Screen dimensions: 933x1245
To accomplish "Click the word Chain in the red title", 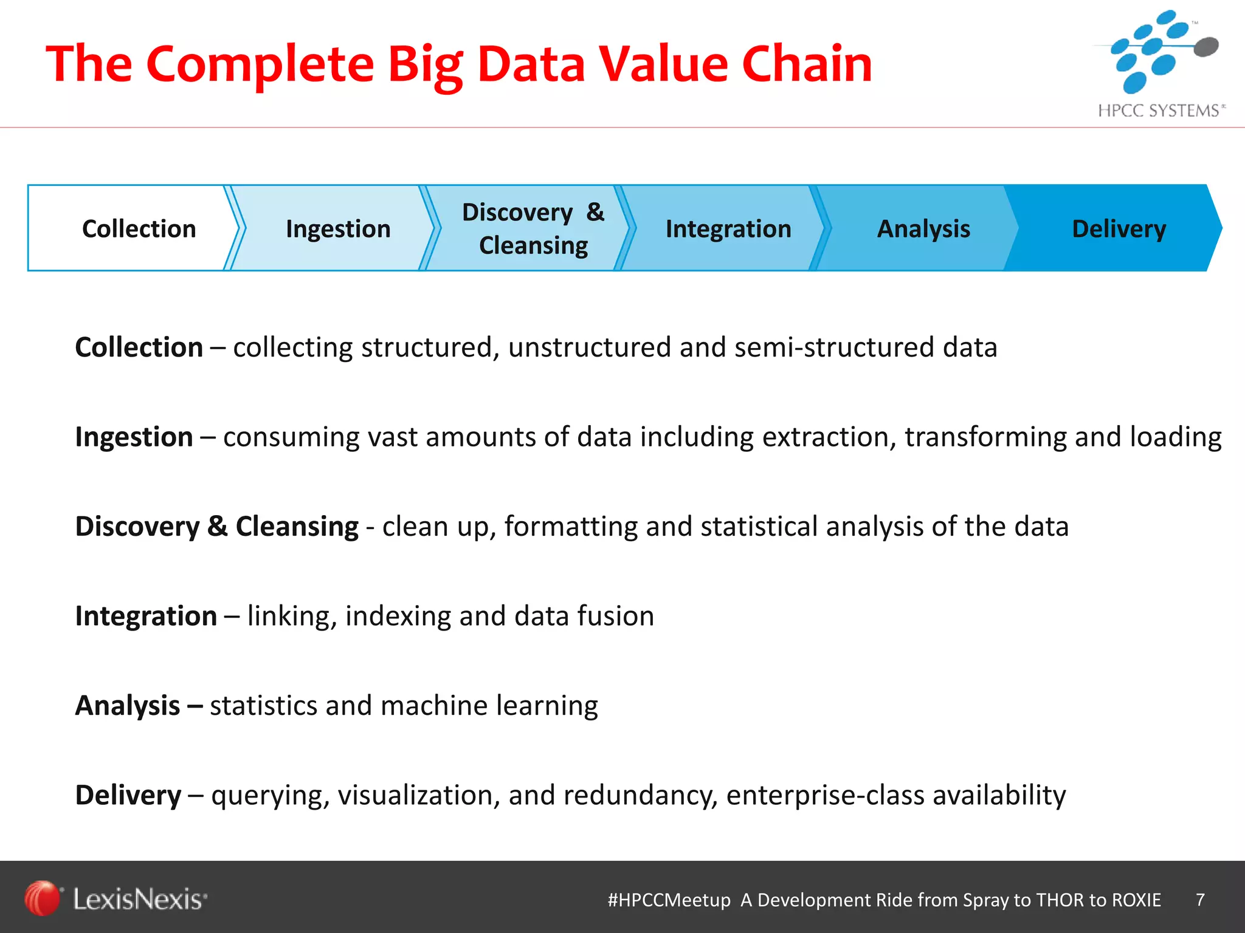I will [807, 64].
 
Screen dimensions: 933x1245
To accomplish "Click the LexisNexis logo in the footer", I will [116, 898].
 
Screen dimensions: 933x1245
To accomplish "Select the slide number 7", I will [1200, 900].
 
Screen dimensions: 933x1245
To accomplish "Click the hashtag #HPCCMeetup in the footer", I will [669, 900].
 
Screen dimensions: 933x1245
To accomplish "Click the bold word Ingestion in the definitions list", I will [134, 437].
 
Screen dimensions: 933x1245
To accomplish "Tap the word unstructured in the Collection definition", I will [590, 347].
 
